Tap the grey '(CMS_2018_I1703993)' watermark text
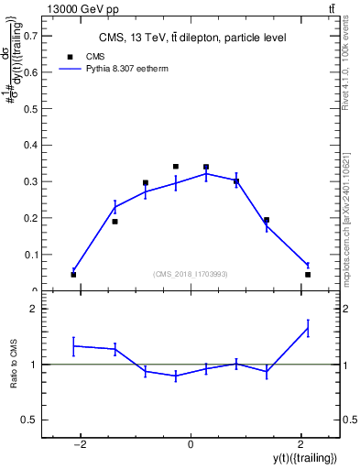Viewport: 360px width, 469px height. tap(190, 274)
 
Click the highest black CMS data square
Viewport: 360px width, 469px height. tap(176, 167)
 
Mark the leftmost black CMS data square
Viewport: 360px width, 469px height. tap(73, 274)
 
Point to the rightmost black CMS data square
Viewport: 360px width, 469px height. tap(308, 274)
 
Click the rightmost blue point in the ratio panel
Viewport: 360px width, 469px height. tap(308, 328)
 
